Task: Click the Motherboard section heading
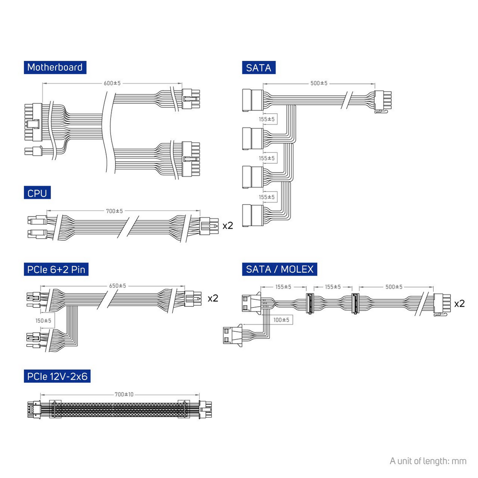[x=55, y=67]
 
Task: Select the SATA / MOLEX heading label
[x=279, y=269]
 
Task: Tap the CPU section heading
[x=37, y=193]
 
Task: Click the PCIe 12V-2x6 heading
[x=57, y=377]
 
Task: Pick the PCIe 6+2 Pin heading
[x=56, y=269]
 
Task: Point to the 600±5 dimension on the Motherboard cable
[x=112, y=83]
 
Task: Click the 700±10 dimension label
[x=124, y=394]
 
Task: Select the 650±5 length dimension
[x=117, y=286]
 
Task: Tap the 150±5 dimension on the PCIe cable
[x=43, y=321]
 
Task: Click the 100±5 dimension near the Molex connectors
[x=281, y=320]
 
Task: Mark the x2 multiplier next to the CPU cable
[x=228, y=226]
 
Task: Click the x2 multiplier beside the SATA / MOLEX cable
[x=460, y=303]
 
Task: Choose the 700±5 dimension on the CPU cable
[x=115, y=211]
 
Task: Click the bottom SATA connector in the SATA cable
[x=253, y=216]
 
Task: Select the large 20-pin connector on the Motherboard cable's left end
[x=33, y=122]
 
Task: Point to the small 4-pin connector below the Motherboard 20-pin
[x=33, y=151]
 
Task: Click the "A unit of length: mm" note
[x=428, y=461]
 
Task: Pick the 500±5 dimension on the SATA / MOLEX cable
[x=394, y=287]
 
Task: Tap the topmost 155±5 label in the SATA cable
[x=267, y=119]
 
